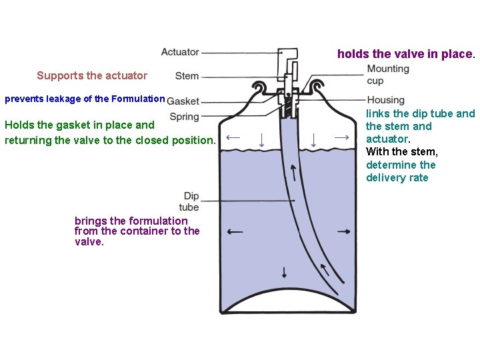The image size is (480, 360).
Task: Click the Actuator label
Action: [180, 52]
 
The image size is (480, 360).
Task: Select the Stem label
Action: [187, 76]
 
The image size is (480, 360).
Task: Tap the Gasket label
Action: [183, 101]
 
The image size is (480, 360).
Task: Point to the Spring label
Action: [185, 117]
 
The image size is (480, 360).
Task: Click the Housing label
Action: [385, 100]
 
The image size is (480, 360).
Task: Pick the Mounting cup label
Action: [388, 75]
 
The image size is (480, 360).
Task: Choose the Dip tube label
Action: [191, 201]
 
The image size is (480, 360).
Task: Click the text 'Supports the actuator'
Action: [92, 75]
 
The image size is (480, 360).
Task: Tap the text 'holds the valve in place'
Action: [405, 53]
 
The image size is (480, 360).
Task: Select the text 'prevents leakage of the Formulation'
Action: [85, 99]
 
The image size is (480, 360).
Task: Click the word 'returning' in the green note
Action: [27, 140]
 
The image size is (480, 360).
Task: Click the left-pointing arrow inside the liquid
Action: [235, 232]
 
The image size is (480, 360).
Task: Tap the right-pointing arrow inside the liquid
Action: [344, 231]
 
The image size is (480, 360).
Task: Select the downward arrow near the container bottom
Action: [285, 272]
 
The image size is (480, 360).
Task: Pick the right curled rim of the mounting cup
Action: [316, 85]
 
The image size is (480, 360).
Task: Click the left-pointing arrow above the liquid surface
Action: [233, 137]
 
